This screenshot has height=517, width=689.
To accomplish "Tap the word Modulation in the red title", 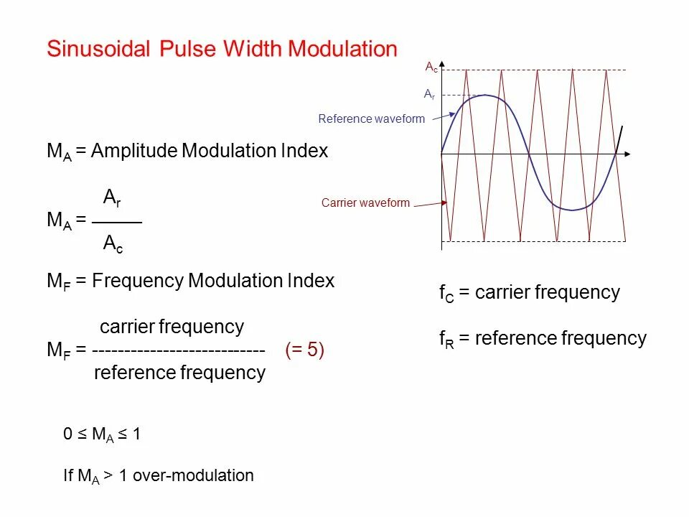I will [342, 49].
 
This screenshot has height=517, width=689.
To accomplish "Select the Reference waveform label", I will [371, 119].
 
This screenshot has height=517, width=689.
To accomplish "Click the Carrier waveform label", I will [365, 203].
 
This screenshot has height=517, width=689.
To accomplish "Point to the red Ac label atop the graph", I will [431, 67].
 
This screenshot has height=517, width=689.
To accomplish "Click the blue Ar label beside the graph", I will [429, 94].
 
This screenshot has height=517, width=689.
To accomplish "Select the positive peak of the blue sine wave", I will [486, 95].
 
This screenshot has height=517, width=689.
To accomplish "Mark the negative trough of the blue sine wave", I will [572, 210].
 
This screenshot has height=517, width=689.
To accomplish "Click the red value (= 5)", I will [304, 350].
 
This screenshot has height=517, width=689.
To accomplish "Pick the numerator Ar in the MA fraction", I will [112, 197].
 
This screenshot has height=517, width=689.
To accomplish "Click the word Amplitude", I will [134, 152].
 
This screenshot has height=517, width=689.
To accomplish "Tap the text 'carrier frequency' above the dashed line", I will [172, 327].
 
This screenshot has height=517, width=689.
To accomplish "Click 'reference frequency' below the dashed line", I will [179, 373].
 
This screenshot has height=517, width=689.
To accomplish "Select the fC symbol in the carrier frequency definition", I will [446, 294].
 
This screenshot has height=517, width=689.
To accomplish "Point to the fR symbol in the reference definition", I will [446, 340].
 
